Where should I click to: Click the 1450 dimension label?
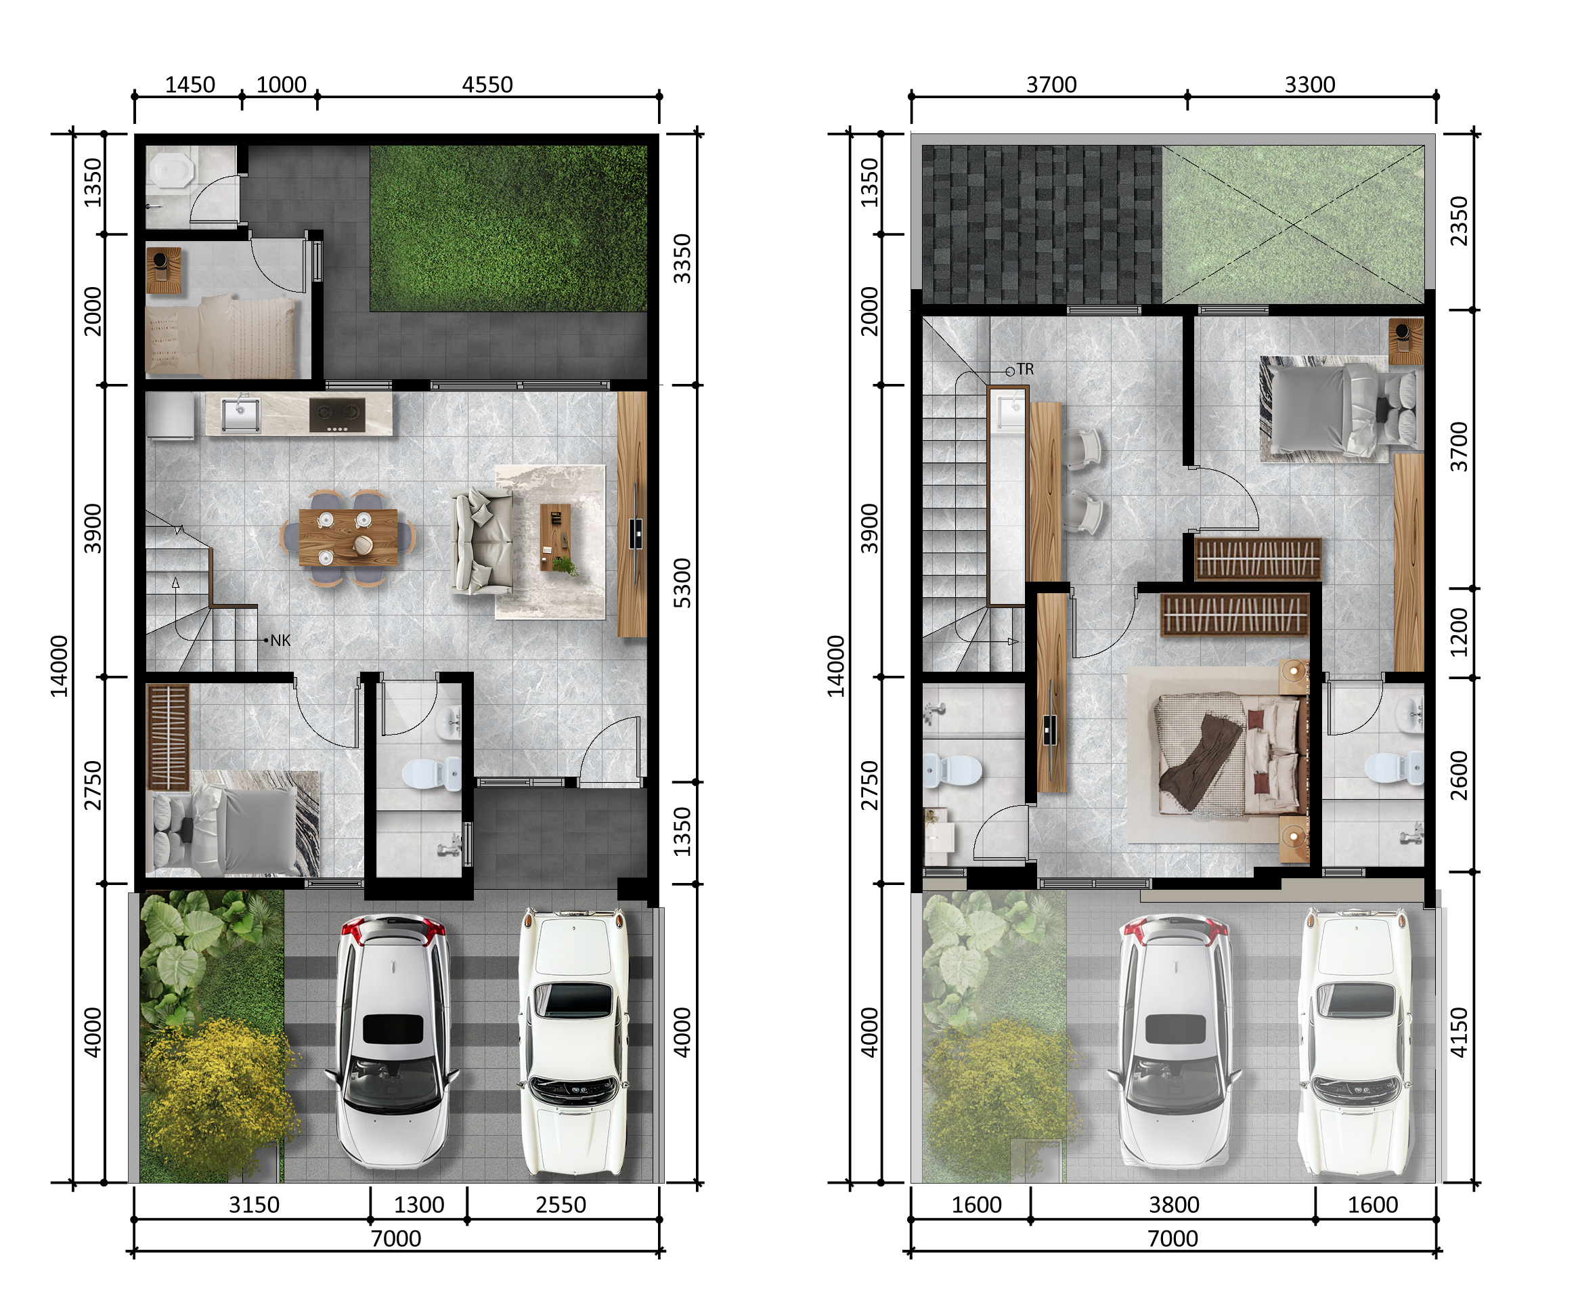(190, 84)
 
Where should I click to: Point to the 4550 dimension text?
(487, 84)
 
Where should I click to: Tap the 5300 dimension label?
(682, 583)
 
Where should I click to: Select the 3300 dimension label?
(1310, 84)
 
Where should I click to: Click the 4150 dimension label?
(1459, 1033)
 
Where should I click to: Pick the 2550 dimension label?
(561, 1205)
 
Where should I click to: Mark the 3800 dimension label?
(1174, 1205)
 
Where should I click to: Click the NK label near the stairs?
(280, 641)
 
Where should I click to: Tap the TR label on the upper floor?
(1025, 369)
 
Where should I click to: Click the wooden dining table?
(348, 538)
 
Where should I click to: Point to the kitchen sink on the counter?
(240, 414)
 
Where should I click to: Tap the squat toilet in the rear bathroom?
(171, 171)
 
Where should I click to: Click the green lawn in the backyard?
(509, 228)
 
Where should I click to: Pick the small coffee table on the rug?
(556, 537)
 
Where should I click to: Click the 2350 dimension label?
(1459, 221)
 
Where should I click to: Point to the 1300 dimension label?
(419, 1205)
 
